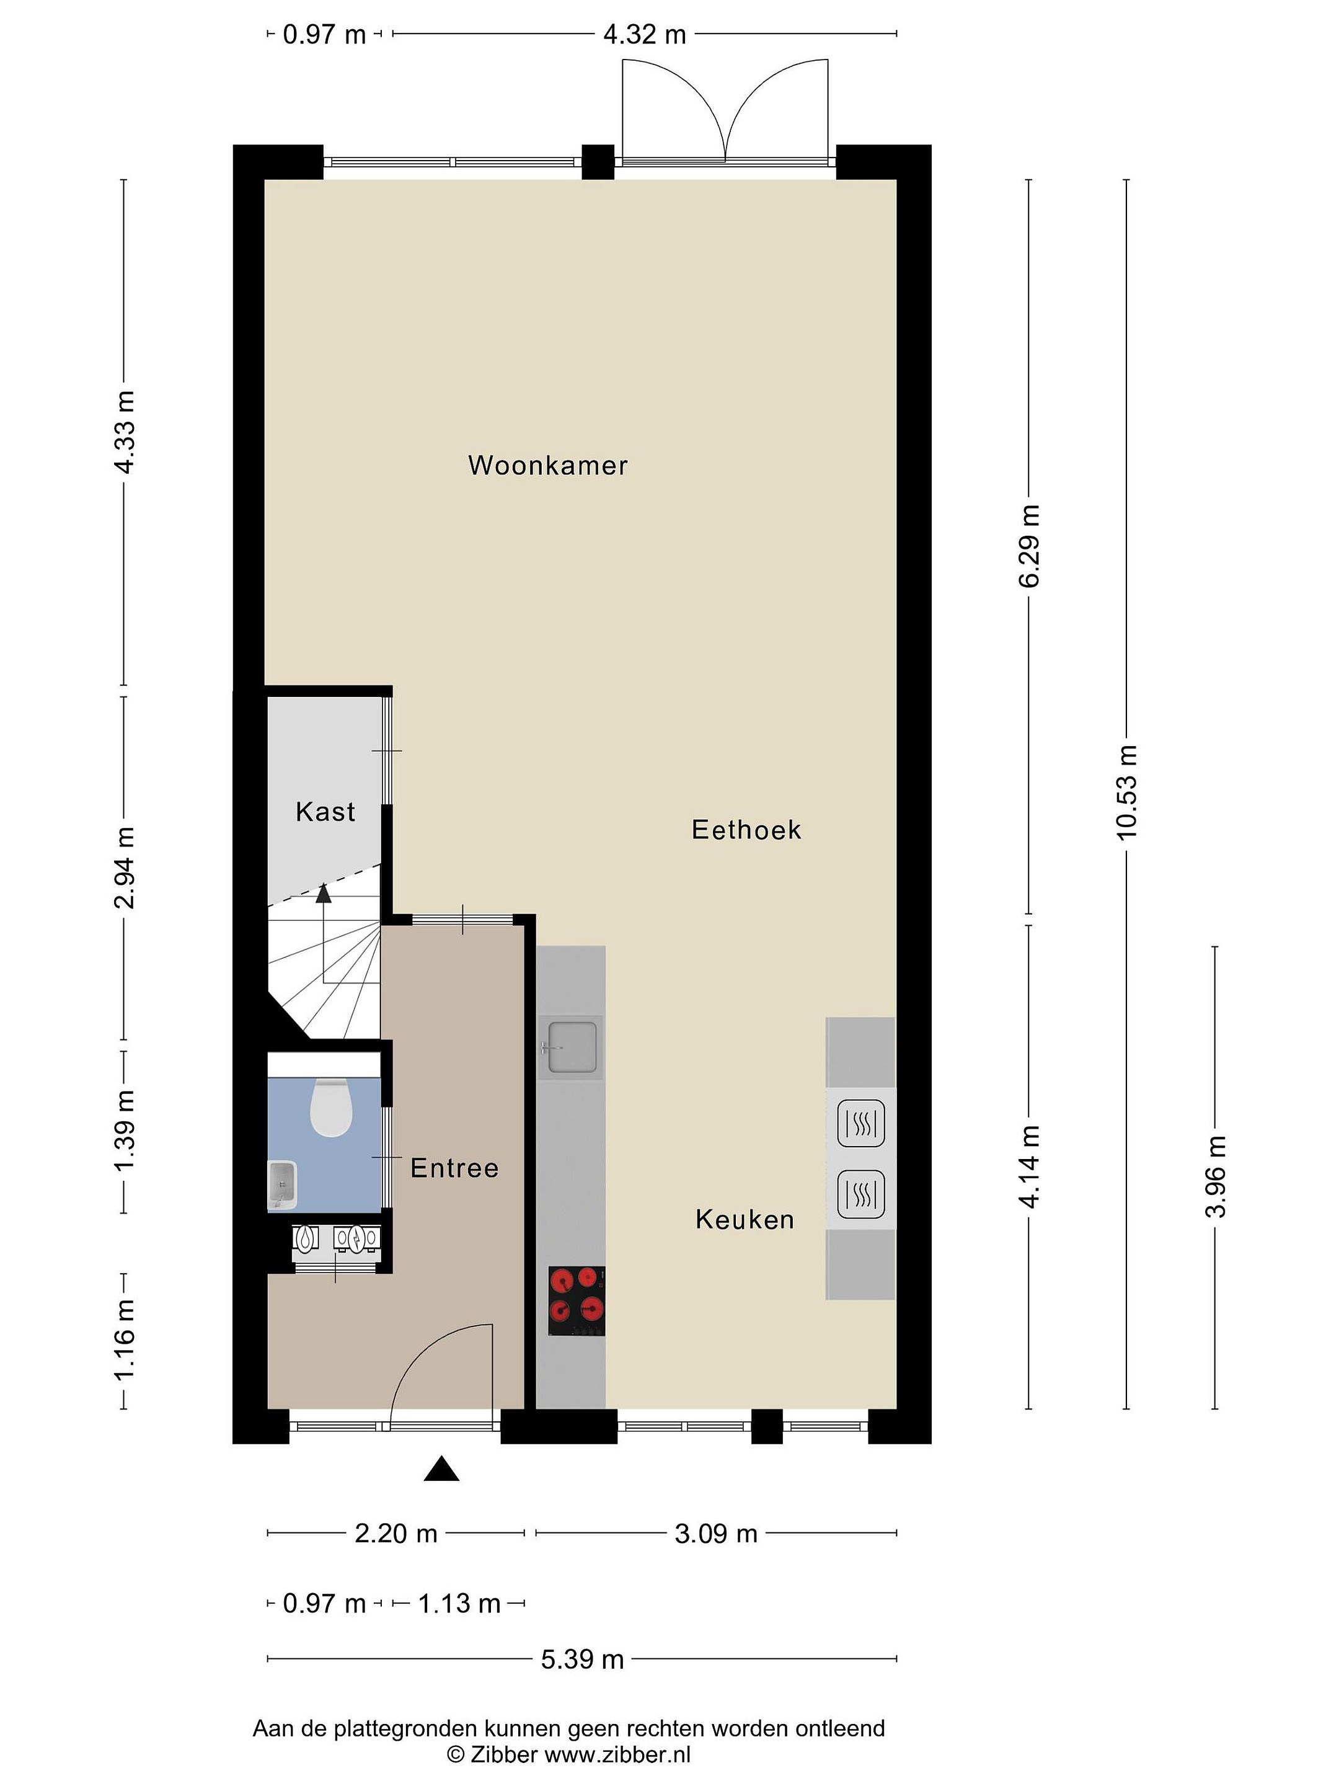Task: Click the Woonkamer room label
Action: (547, 465)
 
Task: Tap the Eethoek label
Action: (746, 830)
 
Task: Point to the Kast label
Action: (325, 811)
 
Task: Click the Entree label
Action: (454, 1168)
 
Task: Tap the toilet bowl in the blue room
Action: (331, 1107)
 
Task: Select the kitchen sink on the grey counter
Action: (572, 1047)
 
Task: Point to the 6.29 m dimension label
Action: (1028, 546)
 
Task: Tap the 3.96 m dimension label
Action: (1214, 1176)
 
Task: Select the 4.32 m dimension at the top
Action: (645, 35)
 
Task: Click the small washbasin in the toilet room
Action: (283, 1185)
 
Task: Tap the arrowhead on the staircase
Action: (324, 892)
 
